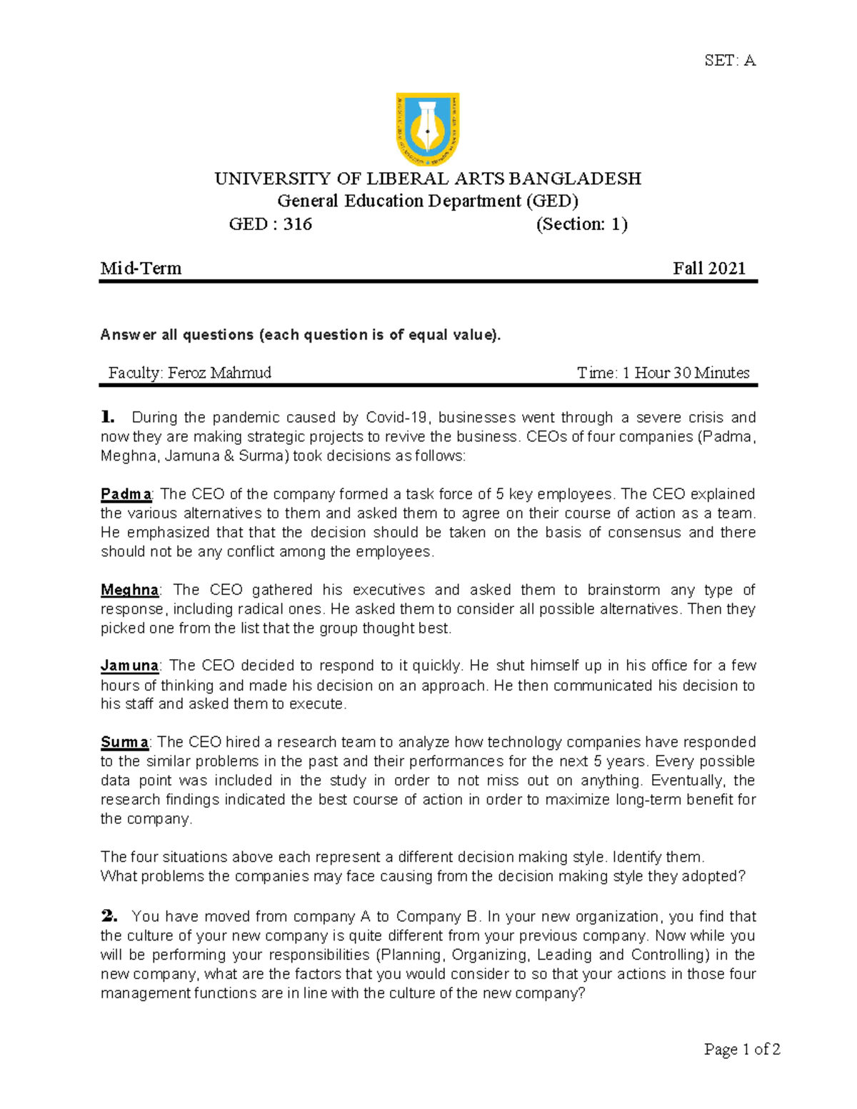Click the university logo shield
(427, 129)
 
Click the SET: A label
(729, 61)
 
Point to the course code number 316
(297, 224)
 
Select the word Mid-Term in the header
(141, 269)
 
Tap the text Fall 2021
(708, 269)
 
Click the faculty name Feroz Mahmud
(219, 373)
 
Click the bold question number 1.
(107, 417)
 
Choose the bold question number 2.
(109, 916)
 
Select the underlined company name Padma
(126, 494)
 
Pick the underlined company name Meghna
(129, 590)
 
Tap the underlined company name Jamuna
(129, 666)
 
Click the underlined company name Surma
(124, 742)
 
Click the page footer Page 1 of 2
(741, 1049)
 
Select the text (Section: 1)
(581, 224)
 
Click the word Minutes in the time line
(722, 373)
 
